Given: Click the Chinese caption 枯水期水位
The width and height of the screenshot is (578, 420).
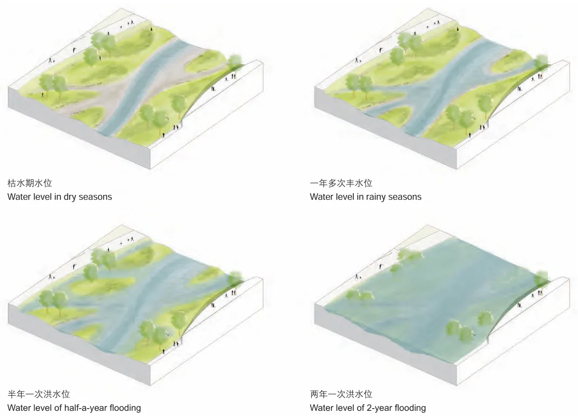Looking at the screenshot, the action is (x=30, y=184).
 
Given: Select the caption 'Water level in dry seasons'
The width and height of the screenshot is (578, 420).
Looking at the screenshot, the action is (x=59, y=197).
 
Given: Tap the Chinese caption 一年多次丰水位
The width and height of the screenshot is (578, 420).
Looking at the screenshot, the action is (x=341, y=184).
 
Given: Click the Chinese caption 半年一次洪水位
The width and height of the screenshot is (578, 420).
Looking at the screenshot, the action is (x=38, y=394).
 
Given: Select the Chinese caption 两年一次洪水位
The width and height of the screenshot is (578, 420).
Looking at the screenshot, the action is (x=341, y=394).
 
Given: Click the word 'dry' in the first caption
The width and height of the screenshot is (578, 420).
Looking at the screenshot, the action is (x=70, y=197).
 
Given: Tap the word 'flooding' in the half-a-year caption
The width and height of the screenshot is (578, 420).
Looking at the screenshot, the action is (x=125, y=408).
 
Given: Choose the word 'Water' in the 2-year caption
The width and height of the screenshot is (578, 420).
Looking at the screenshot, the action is (x=321, y=408).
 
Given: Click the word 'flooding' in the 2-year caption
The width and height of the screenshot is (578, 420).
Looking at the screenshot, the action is (x=409, y=408).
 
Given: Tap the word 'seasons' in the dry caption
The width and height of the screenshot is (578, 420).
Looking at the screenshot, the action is (x=96, y=197).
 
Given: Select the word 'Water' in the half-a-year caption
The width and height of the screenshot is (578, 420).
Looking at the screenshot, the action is (x=18, y=408).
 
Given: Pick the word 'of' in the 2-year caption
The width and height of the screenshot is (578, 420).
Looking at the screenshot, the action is (x=359, y=408).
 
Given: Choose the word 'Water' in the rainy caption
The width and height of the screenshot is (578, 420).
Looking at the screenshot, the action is (x=321, y=197).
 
